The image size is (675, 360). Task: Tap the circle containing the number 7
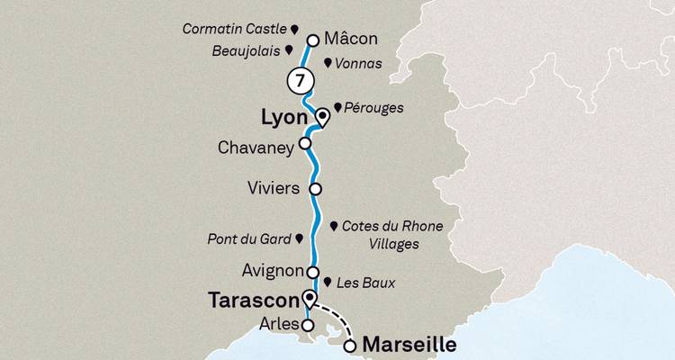pos(298,80)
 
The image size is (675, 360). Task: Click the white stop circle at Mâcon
pos(313,40)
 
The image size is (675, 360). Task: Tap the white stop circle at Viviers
pos(315,189)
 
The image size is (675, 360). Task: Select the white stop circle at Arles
pos(308,325)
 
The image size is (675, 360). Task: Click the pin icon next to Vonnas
pos(327,64)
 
